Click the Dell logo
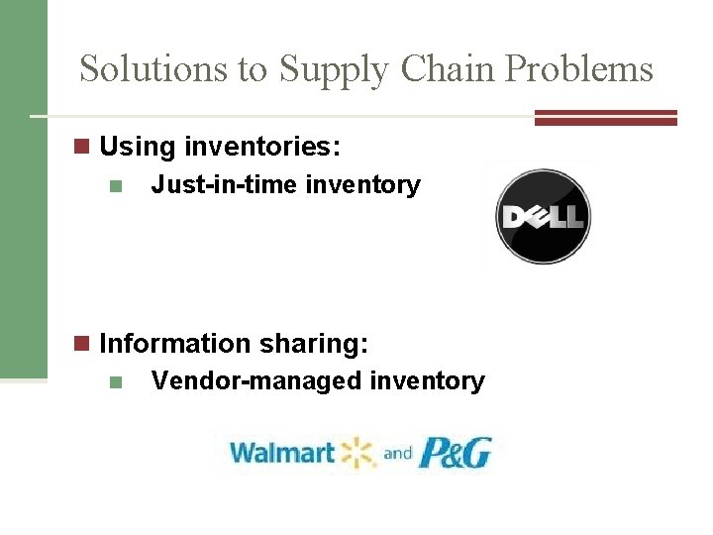pyautogui.click(x=543, y=217)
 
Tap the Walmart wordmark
pyautogui.click(x=282, y=454)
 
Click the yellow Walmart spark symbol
pyautogui.click(x=358, y=453)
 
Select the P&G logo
pyautogui.click(x=456, y=453)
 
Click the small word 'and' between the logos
pyautogui.click(x=398, y=454)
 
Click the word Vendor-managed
pyautogui.click(x=255, y=381)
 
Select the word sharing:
pyautogui.click(x=315, y=344)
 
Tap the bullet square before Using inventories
pyautogui.click(x=82, y=148)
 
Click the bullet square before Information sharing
pyautogui.click(x=82, y=344)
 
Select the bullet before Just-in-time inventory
pyautogui.click(x=116, y=186)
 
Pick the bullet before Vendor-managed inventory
pyautogui.click(x=116, y=382)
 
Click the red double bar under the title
pyautogui.click(x=606, y=117)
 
